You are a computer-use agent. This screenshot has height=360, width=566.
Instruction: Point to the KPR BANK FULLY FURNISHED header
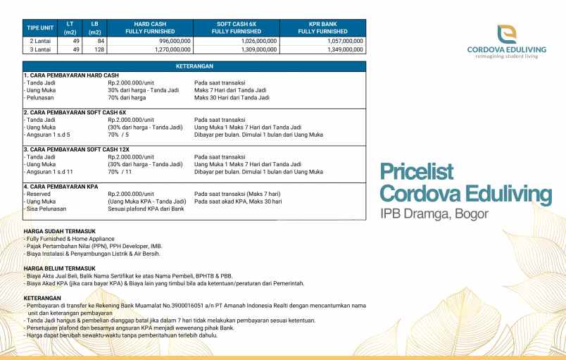coord(322,27)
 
